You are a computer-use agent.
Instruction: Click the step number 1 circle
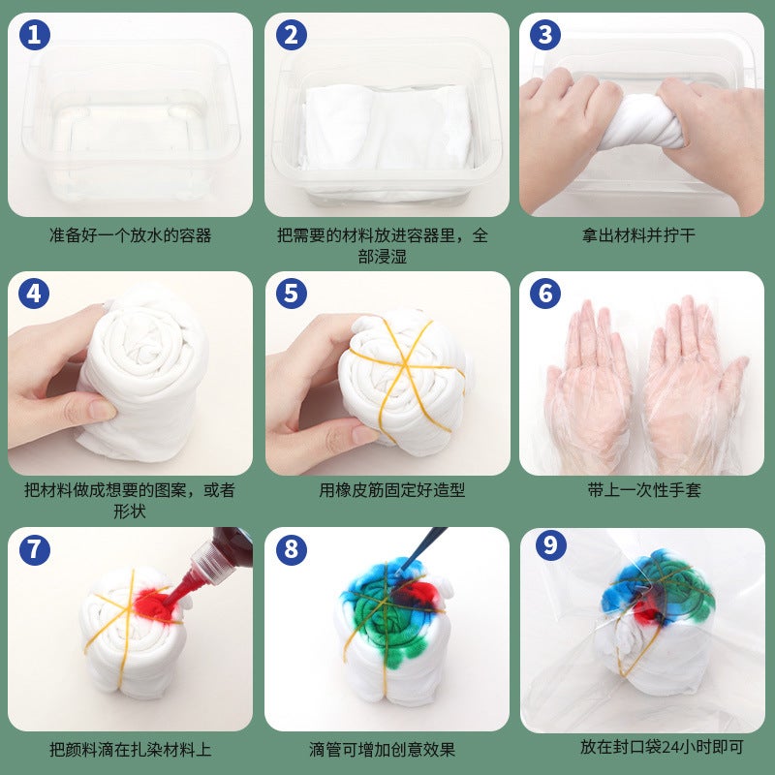click(34, 36)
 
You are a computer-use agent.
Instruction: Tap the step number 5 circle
click(290, 294)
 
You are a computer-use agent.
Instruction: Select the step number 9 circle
click(549, 545)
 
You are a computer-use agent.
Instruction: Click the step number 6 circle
click(544, 294)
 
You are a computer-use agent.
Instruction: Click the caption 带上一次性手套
click(643, 490)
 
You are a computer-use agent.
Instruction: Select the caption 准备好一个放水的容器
click(130, 235)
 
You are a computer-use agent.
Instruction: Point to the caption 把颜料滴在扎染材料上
click(130, 749)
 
